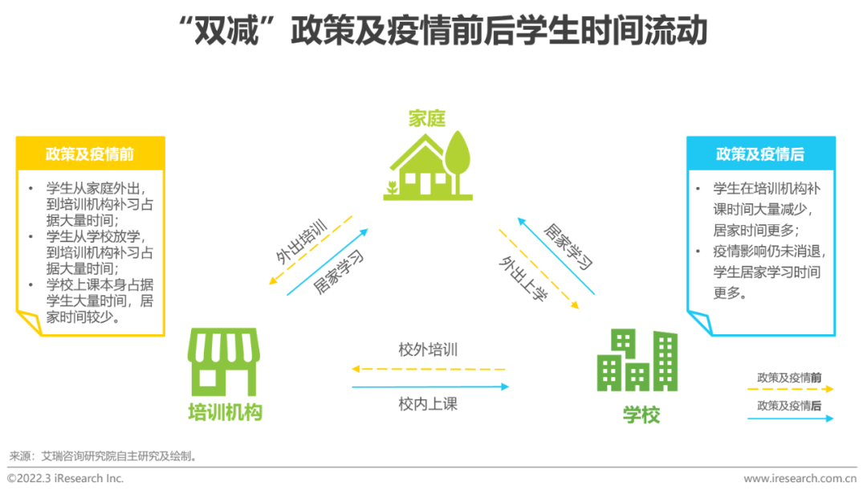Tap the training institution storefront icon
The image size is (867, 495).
[x=224, y=361]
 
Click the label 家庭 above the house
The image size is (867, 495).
[x=426, y=119]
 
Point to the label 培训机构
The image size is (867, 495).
[x=225, y=413]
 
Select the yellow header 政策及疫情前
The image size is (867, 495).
[x=90, y=153]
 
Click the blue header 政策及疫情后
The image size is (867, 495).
[x=760, y=153]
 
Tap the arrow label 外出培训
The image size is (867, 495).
[x=302, y=239]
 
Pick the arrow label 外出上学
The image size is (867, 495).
[x=523, y=278]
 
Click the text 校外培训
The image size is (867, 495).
[x=428, y=350]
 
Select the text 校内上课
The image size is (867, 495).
[x=428, y=404]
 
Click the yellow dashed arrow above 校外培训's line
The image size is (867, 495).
[x=429, y=369]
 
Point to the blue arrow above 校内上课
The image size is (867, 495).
[x=429, y=387]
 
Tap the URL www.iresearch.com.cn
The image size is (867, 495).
[x=800, y=479]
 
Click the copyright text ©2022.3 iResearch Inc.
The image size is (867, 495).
[x=66, y=479]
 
